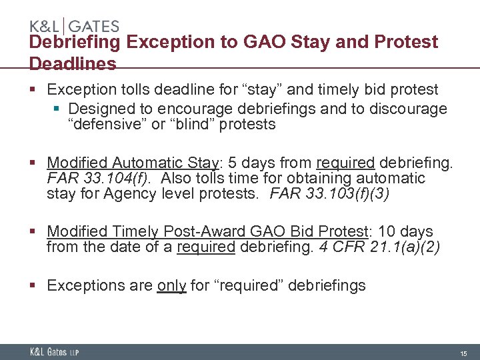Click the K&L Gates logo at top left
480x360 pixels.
coord(74,26)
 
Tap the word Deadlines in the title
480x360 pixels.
coord(73,64)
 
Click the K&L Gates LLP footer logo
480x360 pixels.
coord(53,352)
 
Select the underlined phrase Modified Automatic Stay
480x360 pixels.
coord(133,163)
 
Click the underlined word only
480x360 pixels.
coord(171,286)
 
